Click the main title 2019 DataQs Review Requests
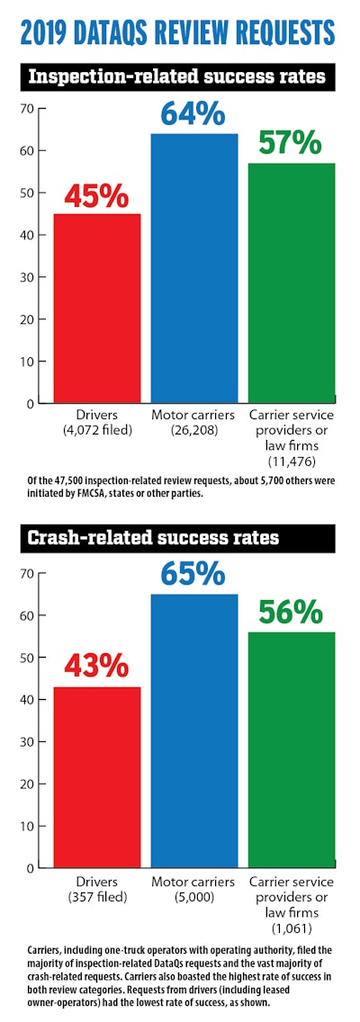click(x=180, y=33)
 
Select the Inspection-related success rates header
click(x=180, y=77)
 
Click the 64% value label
click(x=193, y=113)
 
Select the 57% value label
click(x=290, y=143)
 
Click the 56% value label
click(x=290, y=613)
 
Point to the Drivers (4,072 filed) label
click(x=97, y=422)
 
